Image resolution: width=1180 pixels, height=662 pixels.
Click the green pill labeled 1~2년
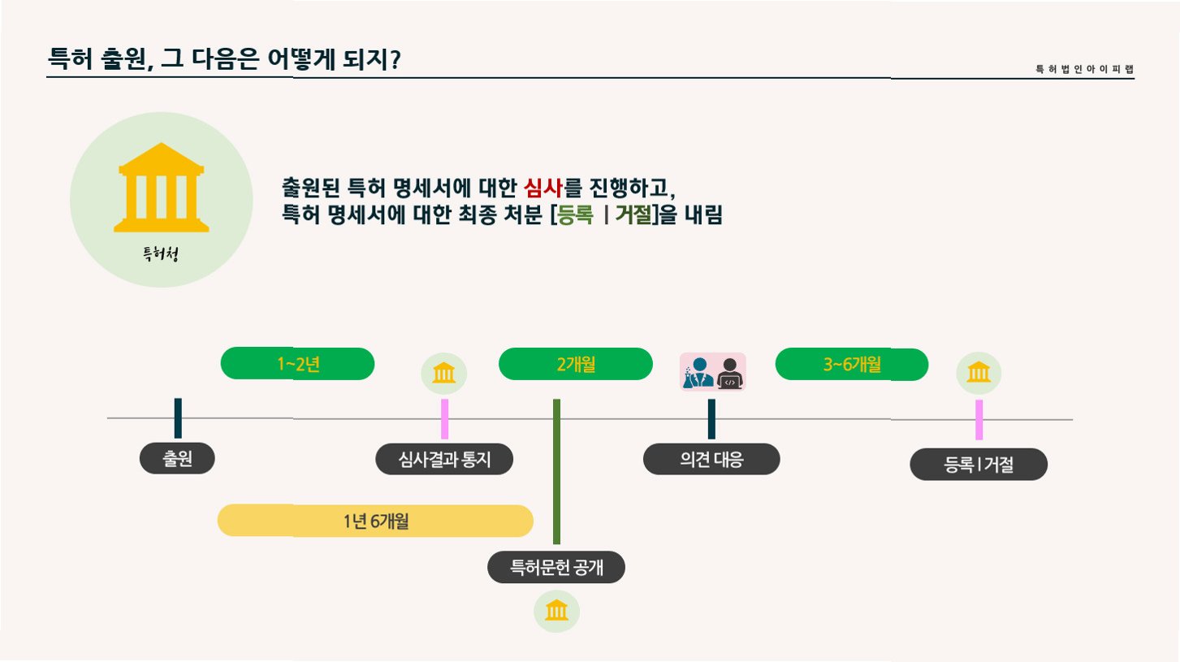click(x=297, y=364)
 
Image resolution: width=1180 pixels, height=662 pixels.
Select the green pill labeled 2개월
click(x=576, y=364)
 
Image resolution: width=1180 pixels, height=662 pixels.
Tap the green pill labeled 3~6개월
click(x=852, y=364)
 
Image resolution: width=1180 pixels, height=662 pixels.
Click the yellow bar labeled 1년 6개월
click(x=375, y=521)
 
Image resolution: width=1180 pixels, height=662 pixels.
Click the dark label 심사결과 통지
click(x=445, y=460)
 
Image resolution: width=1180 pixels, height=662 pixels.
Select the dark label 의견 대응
click(x=711, y=459)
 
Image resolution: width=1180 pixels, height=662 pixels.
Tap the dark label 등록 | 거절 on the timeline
click(x=979, y=465)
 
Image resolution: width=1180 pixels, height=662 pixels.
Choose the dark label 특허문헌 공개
click(x=556, y=567)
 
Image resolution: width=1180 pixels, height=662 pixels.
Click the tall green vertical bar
click(x=557, y=471)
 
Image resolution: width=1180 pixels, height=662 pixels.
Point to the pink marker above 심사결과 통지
click(x=444, y=419)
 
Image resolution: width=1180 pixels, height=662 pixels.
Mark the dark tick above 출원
click(x=178, y=418)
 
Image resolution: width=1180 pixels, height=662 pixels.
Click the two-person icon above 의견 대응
click(x=712, y=373)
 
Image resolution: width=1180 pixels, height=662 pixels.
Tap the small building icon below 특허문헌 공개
click(x=557, y=610)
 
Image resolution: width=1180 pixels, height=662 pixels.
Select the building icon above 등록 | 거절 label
click(x=979, y=373)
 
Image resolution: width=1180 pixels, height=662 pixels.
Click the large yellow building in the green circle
click(x=162, y=188)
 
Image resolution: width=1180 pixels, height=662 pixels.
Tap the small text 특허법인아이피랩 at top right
click(x=1084, y=69)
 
